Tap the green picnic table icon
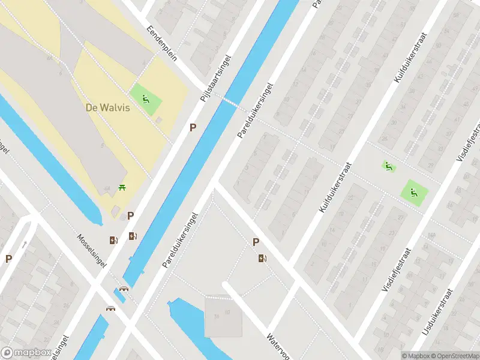(x=123, y=188)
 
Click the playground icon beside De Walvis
(x=146, y=99)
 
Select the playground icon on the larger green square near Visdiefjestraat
(x=413, y=193)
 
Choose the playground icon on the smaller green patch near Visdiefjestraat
(x=388, y=166)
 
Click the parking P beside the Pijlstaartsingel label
(x=193, y=127)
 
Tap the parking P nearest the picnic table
(x=130, y=215)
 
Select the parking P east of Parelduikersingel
(x=256, y=242)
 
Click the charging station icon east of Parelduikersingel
(x=262, y=259)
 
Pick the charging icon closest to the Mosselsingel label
(x=113, y=241)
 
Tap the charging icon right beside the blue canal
(x=133, y=236)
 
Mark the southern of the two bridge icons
(x=111, y=309)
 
